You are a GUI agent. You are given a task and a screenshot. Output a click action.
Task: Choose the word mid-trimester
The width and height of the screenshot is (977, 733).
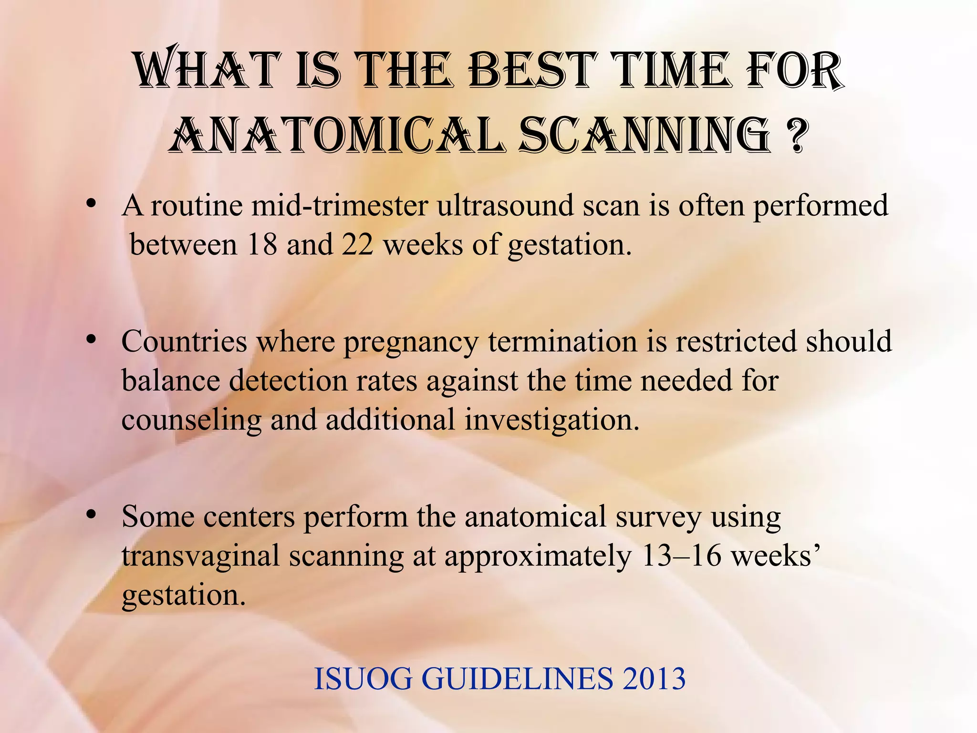339,206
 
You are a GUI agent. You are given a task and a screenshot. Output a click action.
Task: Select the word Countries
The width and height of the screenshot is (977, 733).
184,342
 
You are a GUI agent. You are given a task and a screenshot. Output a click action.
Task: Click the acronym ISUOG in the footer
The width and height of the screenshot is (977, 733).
363,679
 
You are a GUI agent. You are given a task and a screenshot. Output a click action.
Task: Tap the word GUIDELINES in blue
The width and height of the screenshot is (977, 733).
518,679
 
